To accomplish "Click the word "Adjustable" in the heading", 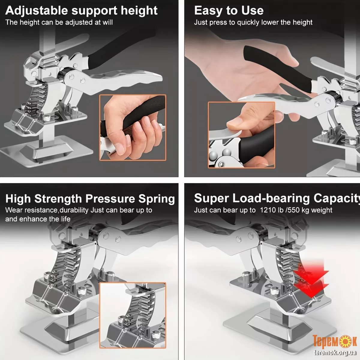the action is (x=36, y=10).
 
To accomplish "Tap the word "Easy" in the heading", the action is (x=208, y=10).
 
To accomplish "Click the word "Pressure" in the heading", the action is (x=110, y=199).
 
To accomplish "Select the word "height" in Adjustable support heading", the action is (x=139, y=10).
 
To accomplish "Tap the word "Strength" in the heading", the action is (x=58, y=199).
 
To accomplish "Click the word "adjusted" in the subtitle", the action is (x=79, y=22).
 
